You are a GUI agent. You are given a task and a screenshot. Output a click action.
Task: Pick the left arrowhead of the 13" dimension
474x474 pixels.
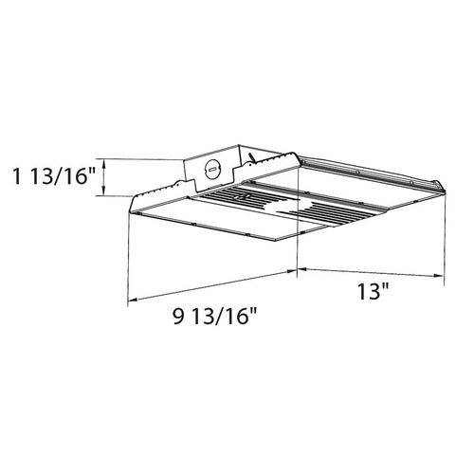(301, 269)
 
